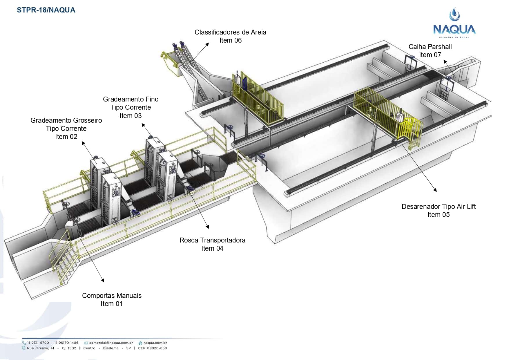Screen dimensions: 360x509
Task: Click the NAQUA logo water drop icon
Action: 454,15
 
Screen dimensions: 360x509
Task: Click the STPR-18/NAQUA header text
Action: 46,10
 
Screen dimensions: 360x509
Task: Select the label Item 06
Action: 230,40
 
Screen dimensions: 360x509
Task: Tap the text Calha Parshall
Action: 430,47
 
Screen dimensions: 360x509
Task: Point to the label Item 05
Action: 438,215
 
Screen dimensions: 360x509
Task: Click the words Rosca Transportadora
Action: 212,240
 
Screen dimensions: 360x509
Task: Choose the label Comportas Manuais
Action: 112,296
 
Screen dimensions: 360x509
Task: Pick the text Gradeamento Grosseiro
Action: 66,120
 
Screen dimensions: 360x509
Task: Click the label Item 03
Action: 131,116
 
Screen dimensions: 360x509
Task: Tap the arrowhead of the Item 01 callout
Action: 103,281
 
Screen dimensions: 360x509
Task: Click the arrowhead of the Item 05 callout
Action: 435,190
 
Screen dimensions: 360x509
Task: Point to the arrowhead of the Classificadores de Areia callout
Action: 208,44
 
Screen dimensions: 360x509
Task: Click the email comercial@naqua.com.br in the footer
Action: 111,343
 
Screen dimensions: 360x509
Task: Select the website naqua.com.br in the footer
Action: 155,343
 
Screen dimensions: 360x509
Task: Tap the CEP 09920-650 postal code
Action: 153,348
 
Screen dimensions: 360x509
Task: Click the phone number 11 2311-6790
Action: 38,343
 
